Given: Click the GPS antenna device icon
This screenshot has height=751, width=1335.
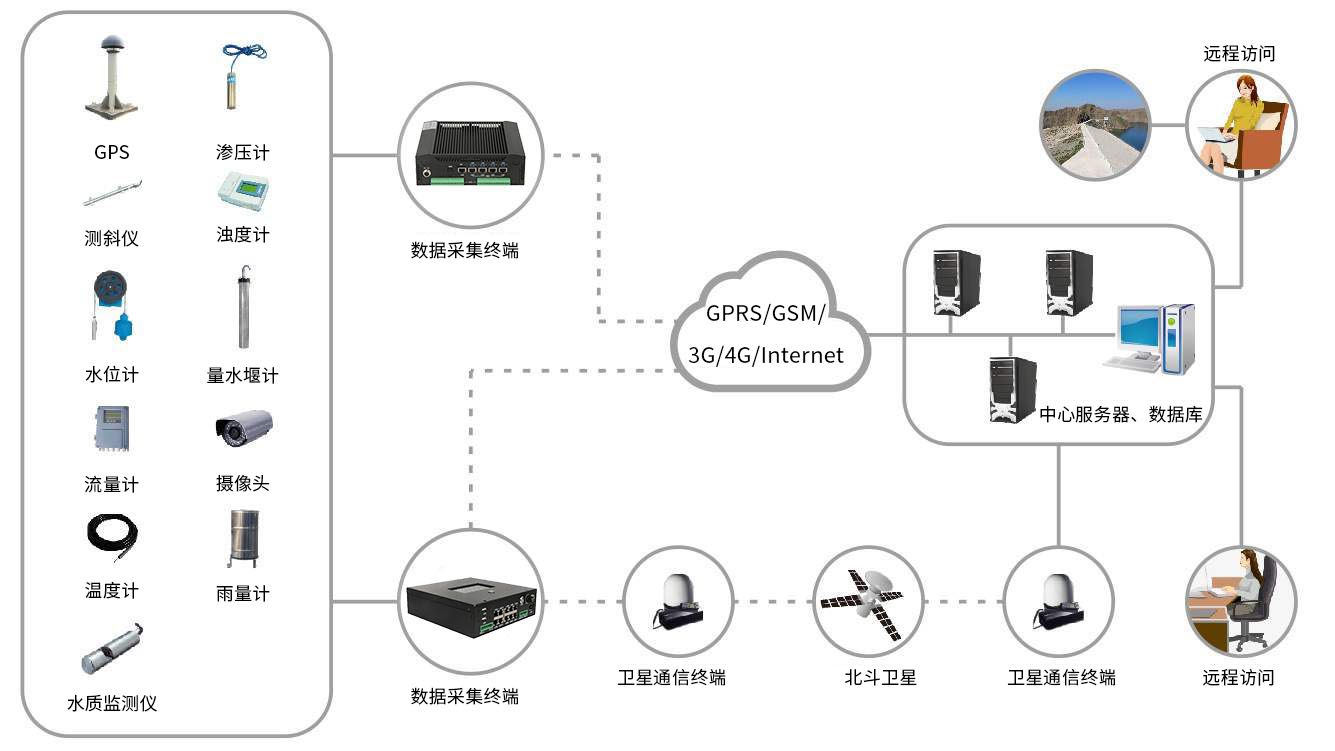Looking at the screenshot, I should point(111,80).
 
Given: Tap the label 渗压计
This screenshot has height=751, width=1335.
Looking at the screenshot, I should point(243,153).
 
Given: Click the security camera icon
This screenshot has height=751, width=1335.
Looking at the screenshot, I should point(243,427).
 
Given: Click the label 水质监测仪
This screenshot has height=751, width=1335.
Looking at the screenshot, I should point(111,703).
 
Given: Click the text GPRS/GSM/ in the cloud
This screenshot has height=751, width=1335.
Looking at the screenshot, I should point(766,312).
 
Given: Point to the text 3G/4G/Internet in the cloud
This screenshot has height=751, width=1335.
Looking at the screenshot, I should point(766,355).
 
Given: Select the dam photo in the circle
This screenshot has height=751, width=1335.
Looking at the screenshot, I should point(1094,124).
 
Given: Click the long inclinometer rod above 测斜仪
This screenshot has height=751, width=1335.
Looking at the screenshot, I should point(111,193).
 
